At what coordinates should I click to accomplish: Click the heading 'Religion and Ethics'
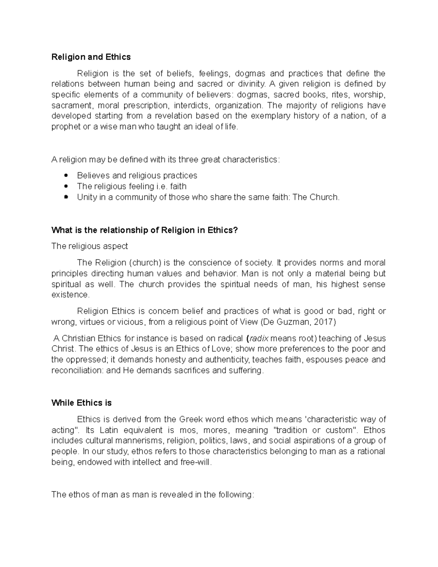tap(91, 57)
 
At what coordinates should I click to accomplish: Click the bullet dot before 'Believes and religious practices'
tap(66, 176)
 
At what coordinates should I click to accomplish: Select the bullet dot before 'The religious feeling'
tap(66, 186)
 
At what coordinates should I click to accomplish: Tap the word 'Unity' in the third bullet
tap(87, 197)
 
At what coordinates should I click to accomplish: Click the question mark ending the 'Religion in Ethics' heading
tap(235, 230)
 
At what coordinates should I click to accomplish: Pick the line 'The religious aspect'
tap(89, 246)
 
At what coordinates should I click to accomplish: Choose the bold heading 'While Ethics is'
tap(81, 403)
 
